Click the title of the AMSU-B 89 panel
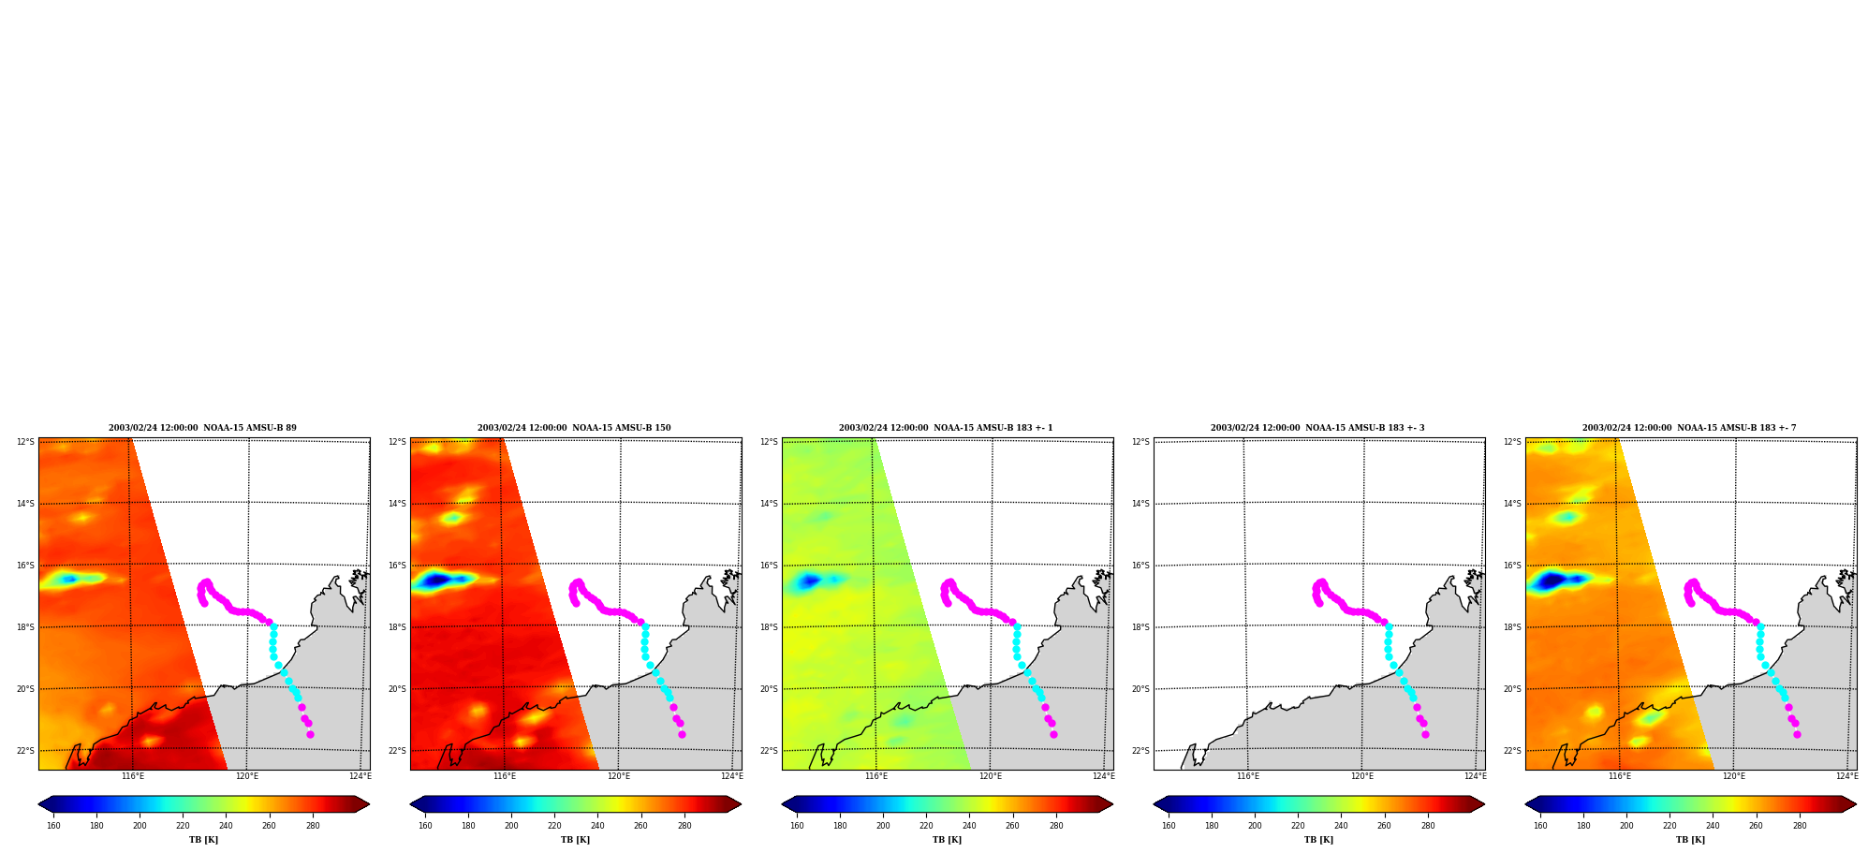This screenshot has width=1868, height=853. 202,428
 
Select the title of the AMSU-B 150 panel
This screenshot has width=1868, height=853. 574,428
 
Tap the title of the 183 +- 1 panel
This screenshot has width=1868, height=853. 946,428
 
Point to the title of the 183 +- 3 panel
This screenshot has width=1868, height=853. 1317,428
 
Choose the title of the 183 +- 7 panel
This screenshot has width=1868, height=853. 1689,428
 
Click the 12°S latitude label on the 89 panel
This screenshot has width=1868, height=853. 25,442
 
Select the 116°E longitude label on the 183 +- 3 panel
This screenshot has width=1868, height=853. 1247,776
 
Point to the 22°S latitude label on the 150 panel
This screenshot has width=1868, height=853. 397,751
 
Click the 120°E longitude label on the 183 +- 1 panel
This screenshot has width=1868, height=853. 990,776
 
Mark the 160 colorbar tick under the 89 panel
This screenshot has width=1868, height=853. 53,825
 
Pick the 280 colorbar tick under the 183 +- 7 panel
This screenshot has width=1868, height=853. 1799,825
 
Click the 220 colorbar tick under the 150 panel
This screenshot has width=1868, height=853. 554,825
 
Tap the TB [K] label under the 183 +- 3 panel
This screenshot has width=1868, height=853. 1318,840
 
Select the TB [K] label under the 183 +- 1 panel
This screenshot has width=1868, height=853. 947,840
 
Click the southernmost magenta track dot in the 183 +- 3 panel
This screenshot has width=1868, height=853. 1425,734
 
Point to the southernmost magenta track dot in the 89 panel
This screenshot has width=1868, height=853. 310,734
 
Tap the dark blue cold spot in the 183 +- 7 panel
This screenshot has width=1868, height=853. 1552,581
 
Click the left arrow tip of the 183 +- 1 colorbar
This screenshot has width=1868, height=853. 783,804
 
